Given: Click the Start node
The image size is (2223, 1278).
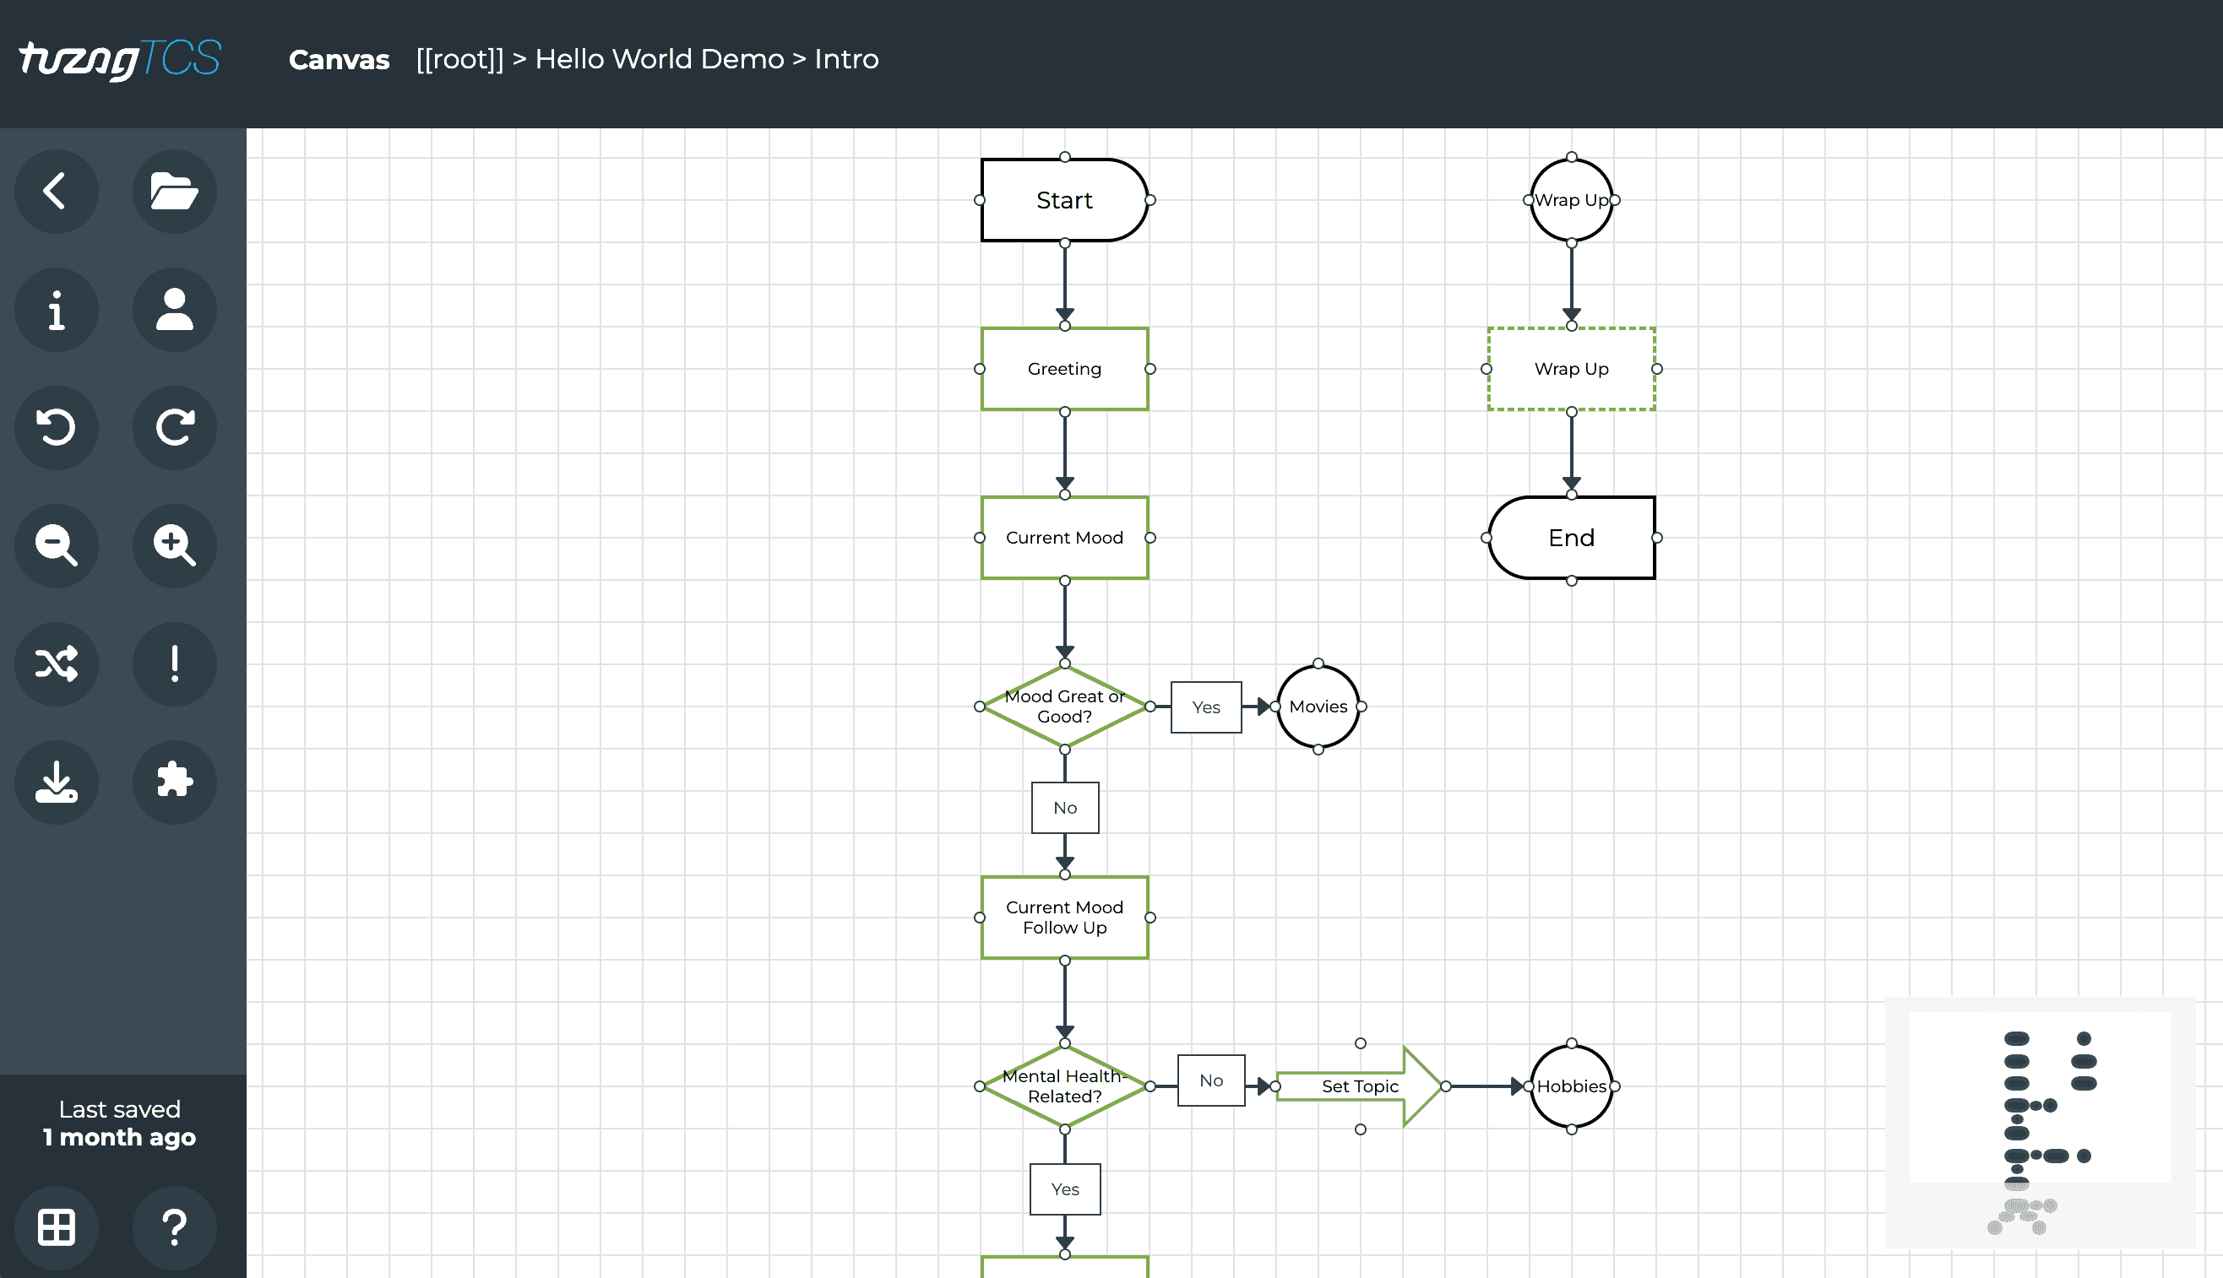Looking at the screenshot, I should (1064, 200).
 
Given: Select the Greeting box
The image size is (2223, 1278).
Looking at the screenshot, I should (1064, 369).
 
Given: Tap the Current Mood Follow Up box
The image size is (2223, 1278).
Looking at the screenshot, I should (1064, 918).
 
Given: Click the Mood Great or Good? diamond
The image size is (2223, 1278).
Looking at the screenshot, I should (1064, 707).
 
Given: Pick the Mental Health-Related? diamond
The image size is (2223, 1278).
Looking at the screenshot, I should (1064, 1086).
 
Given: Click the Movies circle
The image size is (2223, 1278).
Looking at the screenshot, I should (1318, 707).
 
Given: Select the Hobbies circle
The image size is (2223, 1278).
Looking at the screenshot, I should (1571, 1086).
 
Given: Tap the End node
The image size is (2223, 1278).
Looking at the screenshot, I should (1571, 537).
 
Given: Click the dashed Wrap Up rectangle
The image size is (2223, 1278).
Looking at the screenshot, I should (1571, 369).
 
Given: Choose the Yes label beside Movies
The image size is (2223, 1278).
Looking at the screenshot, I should (1205, 707).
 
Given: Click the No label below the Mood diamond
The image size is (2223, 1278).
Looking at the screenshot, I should (1064, 808).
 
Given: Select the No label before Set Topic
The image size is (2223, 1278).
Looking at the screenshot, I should (1210, 1080).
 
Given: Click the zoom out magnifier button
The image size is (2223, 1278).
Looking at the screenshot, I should (57, 545).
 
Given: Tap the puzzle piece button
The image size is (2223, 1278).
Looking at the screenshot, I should (174, 781).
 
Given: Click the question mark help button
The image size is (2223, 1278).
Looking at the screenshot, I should (174, 1227).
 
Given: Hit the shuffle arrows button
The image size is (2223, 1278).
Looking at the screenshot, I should (57, 663).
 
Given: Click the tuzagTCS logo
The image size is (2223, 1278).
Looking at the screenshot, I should (119, 60).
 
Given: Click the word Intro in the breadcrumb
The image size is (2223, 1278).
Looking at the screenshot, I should (845, 59).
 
